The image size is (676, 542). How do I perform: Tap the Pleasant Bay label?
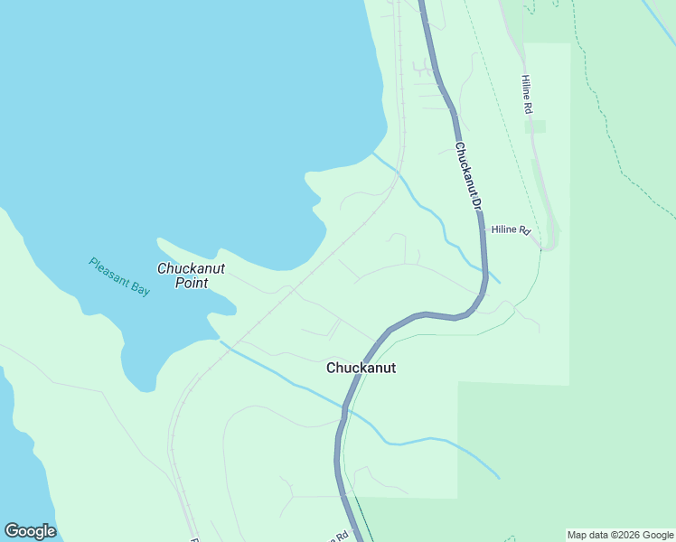[x=119, y=278]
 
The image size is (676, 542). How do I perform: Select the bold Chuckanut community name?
[x=361, y=369]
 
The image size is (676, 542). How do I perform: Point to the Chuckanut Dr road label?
[x=466, y=176]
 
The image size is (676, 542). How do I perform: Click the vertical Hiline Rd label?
[x=527, y=94]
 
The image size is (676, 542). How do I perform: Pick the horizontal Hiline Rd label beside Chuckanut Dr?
[x=510, y=230]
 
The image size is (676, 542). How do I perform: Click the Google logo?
[x=30, y=531]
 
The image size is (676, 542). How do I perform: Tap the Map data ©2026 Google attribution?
[x=621, y=535]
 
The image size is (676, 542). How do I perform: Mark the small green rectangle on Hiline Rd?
[x=536, y=126]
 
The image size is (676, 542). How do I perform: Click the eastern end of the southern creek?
[x=498, y=478]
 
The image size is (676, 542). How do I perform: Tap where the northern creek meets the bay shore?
[x=373, y=154]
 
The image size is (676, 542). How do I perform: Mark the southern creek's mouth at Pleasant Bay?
[x=221, y=342]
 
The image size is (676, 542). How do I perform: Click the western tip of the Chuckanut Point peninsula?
[x=159, y=240]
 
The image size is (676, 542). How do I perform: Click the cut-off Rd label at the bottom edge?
[x=341, y=537]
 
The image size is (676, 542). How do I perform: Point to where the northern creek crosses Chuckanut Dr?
[x=484, y=271]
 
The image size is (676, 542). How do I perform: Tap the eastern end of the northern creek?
[x=499, y=282]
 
